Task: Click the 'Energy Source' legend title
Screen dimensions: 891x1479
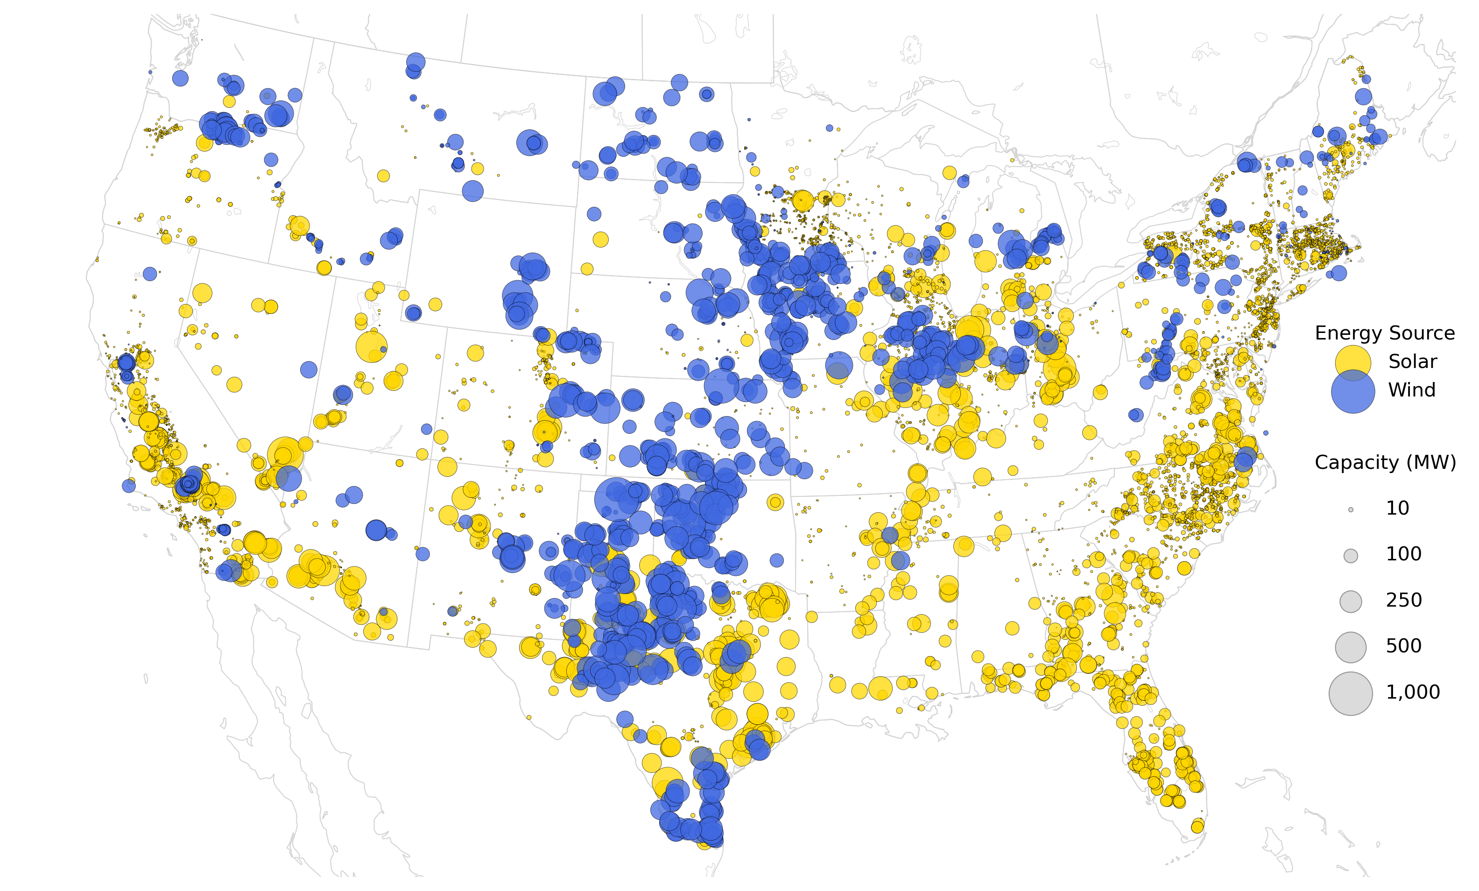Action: click(1384, 333)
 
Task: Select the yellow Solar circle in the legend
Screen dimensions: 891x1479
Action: click(1353, 363)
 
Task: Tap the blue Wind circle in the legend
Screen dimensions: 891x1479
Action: click(1353, 391)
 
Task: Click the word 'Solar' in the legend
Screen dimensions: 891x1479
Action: click(1412, 362)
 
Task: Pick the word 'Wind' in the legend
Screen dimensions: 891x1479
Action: click(1411, 390)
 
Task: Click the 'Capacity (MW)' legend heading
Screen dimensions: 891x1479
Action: click(1385, 463)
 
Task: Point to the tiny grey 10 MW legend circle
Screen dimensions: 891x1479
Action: click(1351, 510)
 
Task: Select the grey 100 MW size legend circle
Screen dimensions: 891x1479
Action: click(1351, 556)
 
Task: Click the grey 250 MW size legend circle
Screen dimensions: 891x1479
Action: click(1351, 601)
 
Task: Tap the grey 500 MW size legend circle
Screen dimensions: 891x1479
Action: click(1351, 647)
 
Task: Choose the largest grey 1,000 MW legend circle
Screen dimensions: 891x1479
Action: click(1351, 693)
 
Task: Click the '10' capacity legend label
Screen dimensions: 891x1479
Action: click(1397, 509)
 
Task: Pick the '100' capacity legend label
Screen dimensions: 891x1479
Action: click(1403, 555)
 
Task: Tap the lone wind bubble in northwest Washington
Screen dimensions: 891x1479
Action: click(180, 78)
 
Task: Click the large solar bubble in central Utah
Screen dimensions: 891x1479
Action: click(371, 346)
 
